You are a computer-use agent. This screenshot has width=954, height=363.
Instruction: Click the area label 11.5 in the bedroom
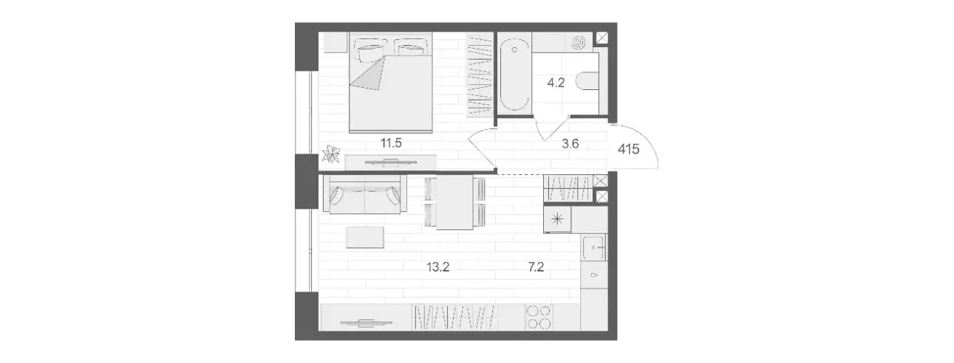(391, 143)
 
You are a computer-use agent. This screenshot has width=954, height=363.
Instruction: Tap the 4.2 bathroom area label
(556, 83)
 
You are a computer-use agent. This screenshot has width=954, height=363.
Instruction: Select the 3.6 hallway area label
(570, 144)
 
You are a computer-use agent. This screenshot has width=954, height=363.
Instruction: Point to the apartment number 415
(629, 149)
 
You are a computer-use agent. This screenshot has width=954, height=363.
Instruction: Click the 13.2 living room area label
(437, 267)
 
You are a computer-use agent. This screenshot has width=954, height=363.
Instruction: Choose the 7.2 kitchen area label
(536, 267)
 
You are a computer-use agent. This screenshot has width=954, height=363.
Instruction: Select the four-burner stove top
(539, 317)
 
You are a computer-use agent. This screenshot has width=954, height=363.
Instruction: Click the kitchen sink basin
(593, 247)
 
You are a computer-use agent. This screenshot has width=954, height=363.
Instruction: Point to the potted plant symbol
(331, 154)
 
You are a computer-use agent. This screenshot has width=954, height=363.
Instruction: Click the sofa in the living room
(364, 194)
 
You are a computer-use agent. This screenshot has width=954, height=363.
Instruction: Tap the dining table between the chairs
(455, 202)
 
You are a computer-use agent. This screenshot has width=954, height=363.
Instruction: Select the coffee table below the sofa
(365, 237)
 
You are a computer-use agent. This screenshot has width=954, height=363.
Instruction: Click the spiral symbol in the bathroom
(579, 42)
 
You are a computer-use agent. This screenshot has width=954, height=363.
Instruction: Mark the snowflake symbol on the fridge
(557, 219)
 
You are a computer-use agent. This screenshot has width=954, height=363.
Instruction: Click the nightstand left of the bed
(335, 43)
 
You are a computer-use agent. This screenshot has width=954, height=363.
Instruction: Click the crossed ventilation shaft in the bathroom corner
(602, 38)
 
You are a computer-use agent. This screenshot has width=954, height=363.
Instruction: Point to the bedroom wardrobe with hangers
(480, 76)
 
